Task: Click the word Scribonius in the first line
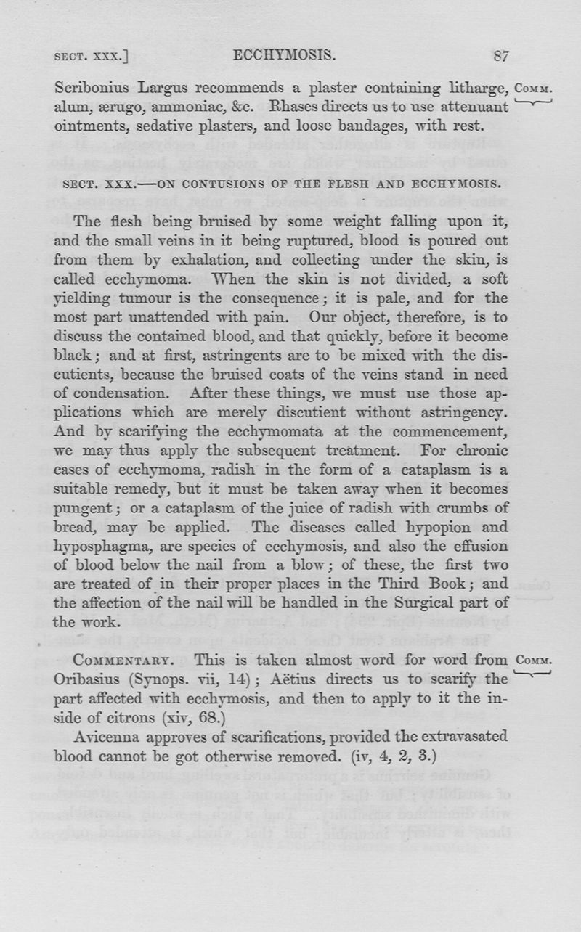pyautogui.click(x=92, y=89)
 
